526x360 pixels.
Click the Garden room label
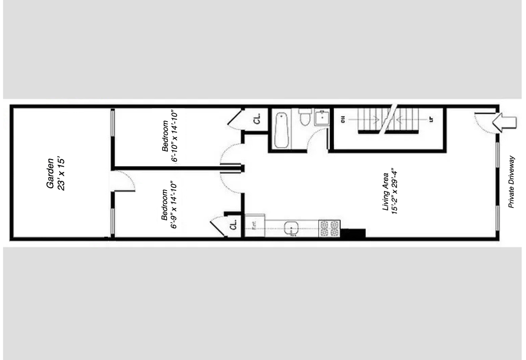(x=50, y=173)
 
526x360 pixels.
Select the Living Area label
(x=386, y=192)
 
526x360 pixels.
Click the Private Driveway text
(x=511, y=182)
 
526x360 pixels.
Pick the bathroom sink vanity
(x=322, y=117)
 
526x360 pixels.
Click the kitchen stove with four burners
(x=329, y=228)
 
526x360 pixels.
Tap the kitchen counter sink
(x=291, y=228)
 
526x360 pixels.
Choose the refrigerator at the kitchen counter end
(x=255, y=226)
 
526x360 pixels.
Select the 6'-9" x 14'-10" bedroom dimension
(x=174, y=205)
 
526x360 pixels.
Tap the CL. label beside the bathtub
(x=257, y=119)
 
